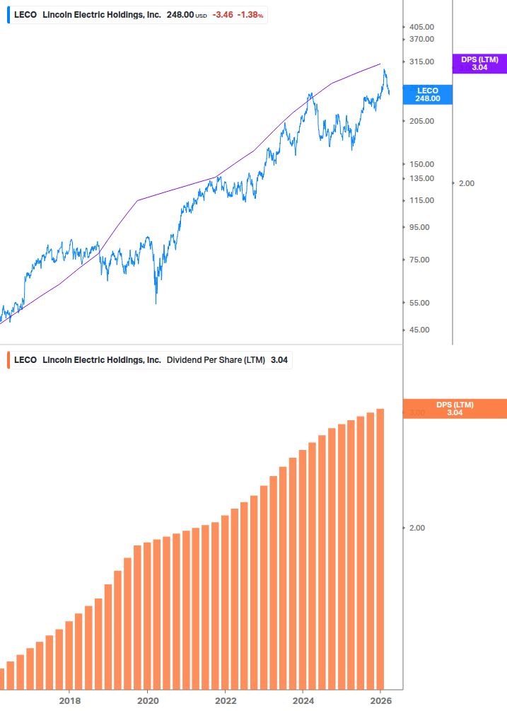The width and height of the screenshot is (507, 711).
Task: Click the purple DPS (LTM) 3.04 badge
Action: (x=479, y=64)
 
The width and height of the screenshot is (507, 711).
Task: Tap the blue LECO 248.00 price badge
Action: (x=428, y=95)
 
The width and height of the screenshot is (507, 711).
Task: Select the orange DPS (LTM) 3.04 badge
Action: (x=454, y=409)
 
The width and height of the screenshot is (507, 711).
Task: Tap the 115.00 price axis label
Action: (x=422, y=200)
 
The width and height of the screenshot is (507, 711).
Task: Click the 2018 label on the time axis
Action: (x=69, y=700)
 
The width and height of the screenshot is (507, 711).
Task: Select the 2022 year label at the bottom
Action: (x=225, y=700)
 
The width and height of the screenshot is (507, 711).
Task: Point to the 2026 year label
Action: (x=380, y=700)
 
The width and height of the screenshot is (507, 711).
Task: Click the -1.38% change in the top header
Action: (x=250, y=14)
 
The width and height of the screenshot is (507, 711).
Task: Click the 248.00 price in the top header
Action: (x=180, y=14)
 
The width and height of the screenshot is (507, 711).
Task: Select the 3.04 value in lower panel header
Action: (x=279, y=360)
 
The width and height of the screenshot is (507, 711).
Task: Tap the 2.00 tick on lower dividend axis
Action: (x=417, y=528)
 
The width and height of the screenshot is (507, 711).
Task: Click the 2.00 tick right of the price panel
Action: (x=467, y=183)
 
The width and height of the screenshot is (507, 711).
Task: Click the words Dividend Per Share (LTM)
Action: (x=216, y=360)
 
